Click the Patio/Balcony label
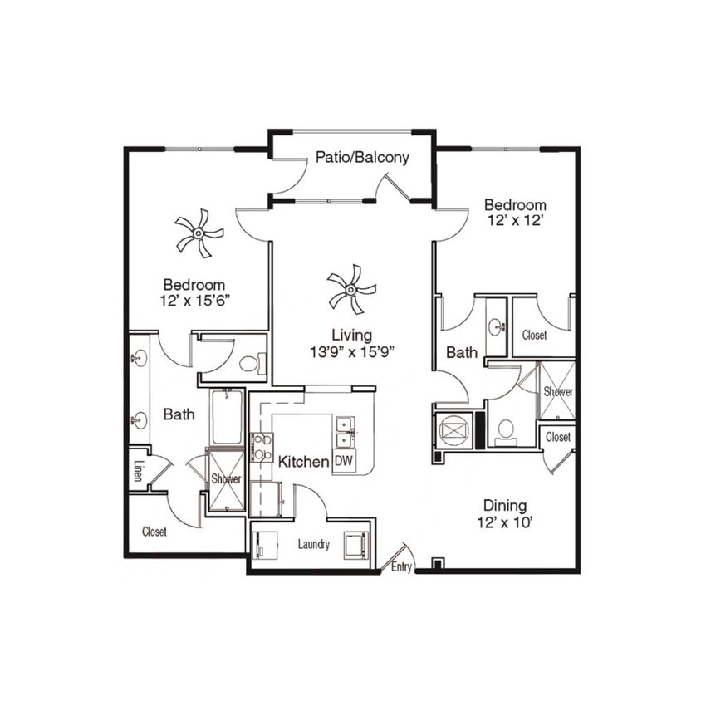coord(362,157)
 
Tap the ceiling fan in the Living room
coord(351,289)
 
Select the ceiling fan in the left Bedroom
coord(199,233)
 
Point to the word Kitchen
coord(303,462)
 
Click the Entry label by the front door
coord(402,567)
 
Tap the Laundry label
coord(314,545)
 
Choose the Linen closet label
coord(138,471)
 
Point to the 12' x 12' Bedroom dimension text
coord(516,221)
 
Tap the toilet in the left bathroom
coord(252,362)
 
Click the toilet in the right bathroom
coord(506,430)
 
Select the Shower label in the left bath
coord(225,479)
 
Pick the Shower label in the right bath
coord(557,391)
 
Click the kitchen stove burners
coord(260,446)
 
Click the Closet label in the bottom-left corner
coord(154,532)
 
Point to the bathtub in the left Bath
coord(225,417)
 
